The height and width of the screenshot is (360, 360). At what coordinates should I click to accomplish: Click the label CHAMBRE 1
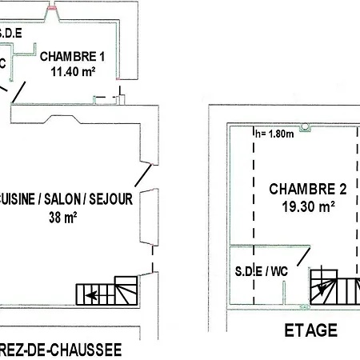tap(72, 57)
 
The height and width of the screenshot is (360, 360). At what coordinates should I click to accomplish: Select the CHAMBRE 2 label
tap(307, 190)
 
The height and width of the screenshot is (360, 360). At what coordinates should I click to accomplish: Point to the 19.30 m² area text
tap(307, 206)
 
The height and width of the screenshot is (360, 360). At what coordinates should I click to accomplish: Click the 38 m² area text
tap(62, 215)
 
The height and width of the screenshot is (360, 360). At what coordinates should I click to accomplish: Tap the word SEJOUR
tap(110, 199)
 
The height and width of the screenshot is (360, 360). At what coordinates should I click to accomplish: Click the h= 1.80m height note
tap(274, 134)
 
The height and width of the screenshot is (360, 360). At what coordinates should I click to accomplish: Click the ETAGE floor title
tap(310, 330)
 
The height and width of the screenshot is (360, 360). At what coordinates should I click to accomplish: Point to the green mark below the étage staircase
tap(302, 306)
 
